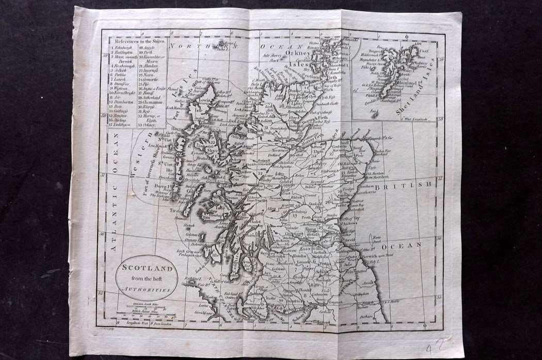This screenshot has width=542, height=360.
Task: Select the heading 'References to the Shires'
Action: (137, 41)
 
